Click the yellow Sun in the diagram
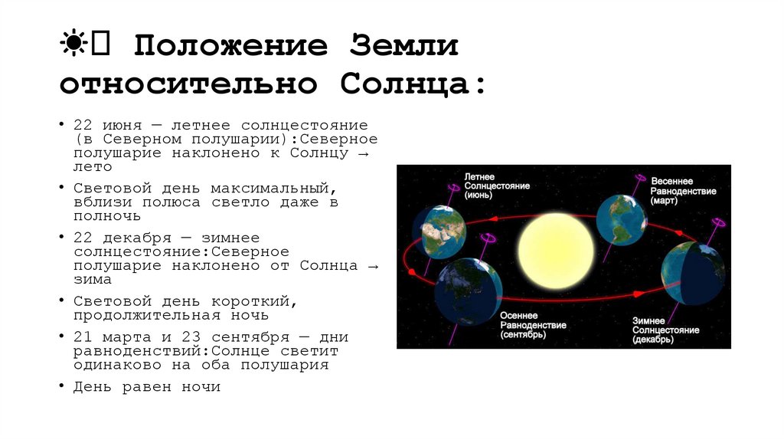(555, 251)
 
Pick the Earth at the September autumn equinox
(467, 292)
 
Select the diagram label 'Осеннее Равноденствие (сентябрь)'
(533, 325)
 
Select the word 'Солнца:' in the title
(413, 84)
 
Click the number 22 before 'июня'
(83, 124)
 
